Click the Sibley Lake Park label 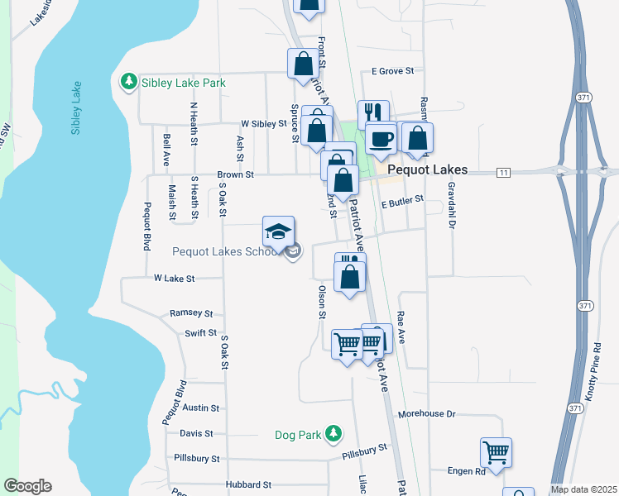click(182, 83)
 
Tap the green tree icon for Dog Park click(333, 432)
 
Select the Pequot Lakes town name click(427, 169)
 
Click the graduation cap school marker click(279, 231)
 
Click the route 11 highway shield click(502, 172)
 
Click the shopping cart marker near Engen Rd click(496, 453)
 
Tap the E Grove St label click(392, 71)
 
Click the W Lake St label click(174, 279)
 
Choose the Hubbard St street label click(247, 484)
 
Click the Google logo click(27, 486)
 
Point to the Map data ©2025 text click(583, 489)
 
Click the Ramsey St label click(191, 313)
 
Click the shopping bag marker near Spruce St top click(304, 64)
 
